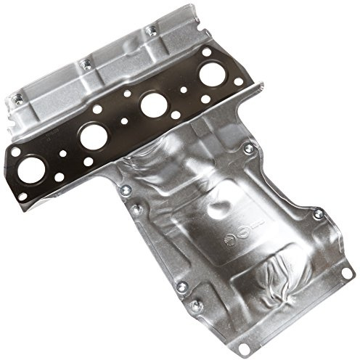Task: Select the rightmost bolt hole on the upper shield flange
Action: click(x=151, y=30)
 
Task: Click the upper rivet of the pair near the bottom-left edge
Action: click(x=181, y=286)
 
